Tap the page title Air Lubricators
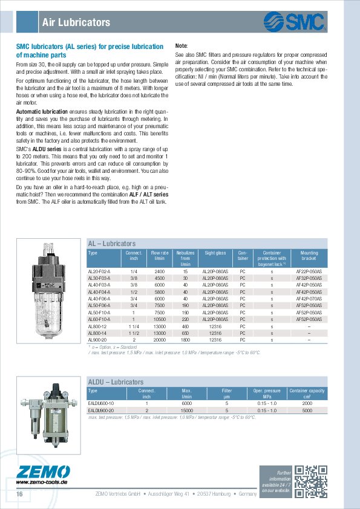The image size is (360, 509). click(76, 23)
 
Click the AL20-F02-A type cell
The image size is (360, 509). click(100, 272)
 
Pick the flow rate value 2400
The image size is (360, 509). click(160, 272)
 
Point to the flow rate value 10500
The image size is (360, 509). click(160, 319)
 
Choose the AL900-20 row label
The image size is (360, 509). click(97, 340)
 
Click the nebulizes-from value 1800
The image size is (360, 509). click(186, 340)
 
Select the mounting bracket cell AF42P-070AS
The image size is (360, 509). click(309, 299)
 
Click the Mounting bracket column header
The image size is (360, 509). click(309, 257)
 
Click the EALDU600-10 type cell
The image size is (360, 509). click(102, 403)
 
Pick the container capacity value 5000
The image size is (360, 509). click(307, 410)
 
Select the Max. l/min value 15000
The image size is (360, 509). click(186, 410)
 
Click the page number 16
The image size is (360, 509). click(19, 494)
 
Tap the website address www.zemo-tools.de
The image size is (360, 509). click(41, 482)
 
